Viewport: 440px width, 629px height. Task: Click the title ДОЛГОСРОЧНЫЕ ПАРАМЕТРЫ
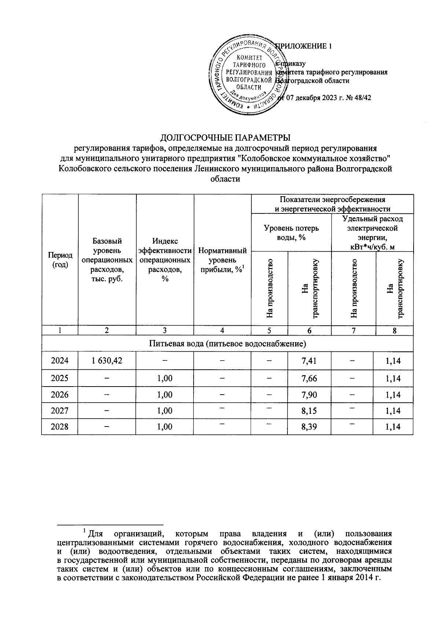pyautogui.click(x=225, y=138)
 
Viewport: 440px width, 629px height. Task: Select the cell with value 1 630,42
pyautogui.click(x=107, y=361)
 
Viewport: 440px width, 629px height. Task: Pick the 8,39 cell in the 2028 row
pyautogui.click(x=309, y=427)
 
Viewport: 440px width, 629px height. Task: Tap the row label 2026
pyautogui.click(x=59, y=395)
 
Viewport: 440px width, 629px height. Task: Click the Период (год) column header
pyautogui.click(x=59, y=260)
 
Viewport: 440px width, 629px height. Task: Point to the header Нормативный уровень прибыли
pyautogui.click(x=222, y=260)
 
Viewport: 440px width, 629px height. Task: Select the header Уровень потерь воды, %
pyautogui.click(x=291, y=233)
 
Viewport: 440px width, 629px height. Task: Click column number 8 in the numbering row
pyautogui.click(x=394, y=330)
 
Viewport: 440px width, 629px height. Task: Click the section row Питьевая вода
pyautogui.click(x=227, y=344)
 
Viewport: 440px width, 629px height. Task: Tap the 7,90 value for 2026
pyautogui.click(x=309, y=395)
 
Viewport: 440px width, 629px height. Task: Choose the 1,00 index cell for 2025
pyautogui.click(x=165, y=378)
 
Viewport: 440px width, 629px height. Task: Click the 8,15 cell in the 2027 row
pyautogui.click(x=309, y=411)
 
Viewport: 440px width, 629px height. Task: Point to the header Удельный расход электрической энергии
pyautogui.click(x=372, y=233)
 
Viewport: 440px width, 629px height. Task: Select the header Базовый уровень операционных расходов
pyautogui.click(x=107, y=260)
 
